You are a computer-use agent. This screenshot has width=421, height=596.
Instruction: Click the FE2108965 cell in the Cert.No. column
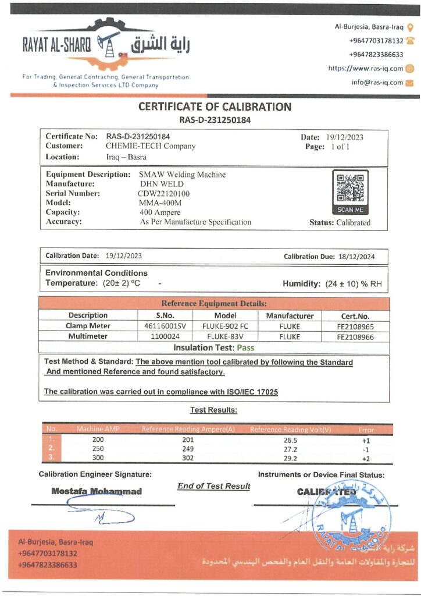click(x=354, y=326)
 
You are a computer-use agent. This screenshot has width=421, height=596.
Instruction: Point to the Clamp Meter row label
click(x=88, y=326)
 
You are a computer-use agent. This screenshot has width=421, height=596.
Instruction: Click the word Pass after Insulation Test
click(x=245, y=347)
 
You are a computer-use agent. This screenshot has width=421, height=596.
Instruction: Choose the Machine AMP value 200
click(x=98, y=440)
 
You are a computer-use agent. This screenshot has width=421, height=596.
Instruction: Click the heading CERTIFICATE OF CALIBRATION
click(x=215, y=107)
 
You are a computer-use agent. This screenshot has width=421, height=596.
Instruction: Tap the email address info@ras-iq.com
click(x=377, y=82)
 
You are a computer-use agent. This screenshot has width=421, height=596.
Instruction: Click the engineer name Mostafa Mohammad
click(x=97, y=491)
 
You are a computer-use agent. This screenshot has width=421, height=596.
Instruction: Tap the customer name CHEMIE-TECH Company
click(x=150, y=146)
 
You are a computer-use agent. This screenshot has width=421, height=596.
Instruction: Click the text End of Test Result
click(x=213, y=486)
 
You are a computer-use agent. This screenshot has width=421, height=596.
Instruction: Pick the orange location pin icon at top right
click(x=410, y=27)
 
